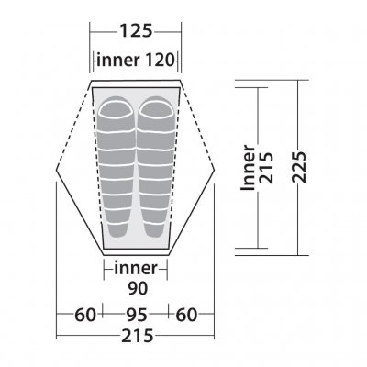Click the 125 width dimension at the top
(x=136, y=31)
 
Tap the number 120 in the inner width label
(x=160, y=60)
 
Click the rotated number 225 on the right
(x=299, y=167)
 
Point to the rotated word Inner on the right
(x=248, y=168)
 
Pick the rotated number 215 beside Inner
(x=266, y=168)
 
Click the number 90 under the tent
(x=138, y=288)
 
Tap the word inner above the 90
(x=136, y=268)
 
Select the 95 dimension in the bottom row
(x=137, y=315)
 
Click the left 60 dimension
(x=85, y=315)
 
